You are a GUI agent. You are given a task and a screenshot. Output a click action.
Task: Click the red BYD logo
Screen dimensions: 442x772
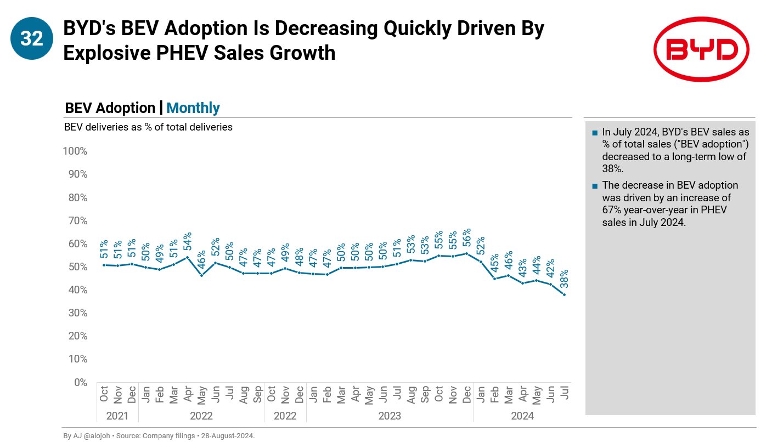tap(701, 49)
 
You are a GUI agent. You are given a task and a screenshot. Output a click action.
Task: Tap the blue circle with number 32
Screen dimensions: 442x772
tap(31, 38)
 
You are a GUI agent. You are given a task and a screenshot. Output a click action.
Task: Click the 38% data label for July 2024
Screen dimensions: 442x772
tap(564, 279)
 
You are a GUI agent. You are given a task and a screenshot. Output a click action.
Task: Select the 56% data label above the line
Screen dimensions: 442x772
tap(467, 238)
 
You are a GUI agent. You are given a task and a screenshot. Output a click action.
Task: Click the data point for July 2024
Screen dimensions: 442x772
tap(564, 295)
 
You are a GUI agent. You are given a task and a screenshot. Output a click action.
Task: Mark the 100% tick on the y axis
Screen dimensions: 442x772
tap(75, 151)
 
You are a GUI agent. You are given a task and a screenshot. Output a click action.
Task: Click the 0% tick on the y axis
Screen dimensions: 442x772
tap(80, 382)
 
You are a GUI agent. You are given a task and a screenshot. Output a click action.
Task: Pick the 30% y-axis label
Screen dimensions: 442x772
tap(77, 313)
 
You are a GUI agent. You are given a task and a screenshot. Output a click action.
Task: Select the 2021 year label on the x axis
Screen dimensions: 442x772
tap(117, 416)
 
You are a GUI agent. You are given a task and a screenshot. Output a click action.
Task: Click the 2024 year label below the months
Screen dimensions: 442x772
tap(522, 416)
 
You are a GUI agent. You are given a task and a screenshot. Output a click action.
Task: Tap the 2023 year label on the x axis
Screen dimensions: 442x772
tap(390, 416)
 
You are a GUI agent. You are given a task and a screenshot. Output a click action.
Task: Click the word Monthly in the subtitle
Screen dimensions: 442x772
tap(193, 108)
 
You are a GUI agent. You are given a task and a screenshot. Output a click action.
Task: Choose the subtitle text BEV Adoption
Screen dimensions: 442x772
tap(110, 108)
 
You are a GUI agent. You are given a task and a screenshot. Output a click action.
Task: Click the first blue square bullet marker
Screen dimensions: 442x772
tap(595, 133)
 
